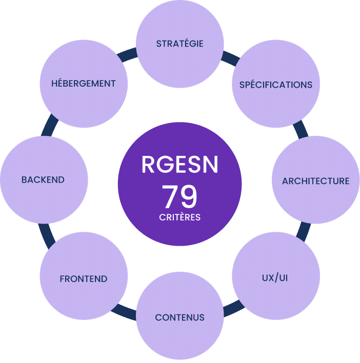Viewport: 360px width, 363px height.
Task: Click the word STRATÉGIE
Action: [x=179, y=44]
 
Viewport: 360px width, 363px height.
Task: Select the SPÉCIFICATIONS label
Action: [x=275, y=85]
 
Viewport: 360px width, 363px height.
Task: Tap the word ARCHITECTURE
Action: [x=315, y=181]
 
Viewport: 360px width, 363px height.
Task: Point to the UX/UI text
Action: [x=276, y=278]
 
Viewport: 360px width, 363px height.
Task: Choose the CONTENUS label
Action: [x=179, y=317]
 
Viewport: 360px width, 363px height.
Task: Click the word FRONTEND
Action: [x=84, y=279]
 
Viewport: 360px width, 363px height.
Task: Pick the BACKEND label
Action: [x=43, y=180]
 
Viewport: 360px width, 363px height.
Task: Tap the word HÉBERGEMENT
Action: [x=84, y=84]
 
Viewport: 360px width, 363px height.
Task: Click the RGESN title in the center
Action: [x=179, y=164]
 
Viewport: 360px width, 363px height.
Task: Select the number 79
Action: [x=179, y=196]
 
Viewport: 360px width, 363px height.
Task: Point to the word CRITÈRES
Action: [x=179, y=217]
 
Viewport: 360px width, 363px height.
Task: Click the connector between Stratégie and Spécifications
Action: [x=230, y=57]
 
